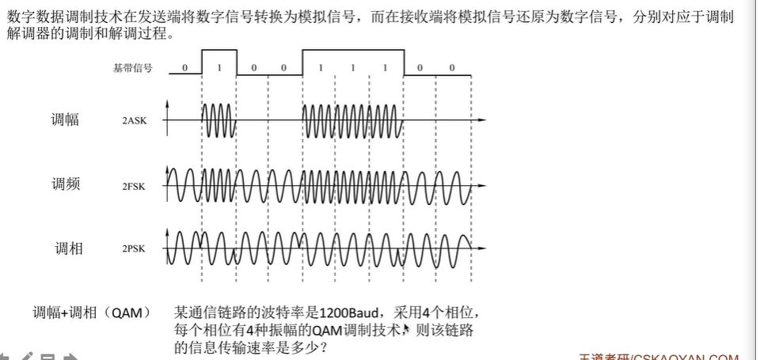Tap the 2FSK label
(134, 187)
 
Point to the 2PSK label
(134, 248)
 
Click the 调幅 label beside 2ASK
(66, 120)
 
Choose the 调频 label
(66, 185)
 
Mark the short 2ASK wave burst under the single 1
(219, 121)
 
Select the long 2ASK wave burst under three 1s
(353, 121)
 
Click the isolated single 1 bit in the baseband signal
(220, 68)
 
